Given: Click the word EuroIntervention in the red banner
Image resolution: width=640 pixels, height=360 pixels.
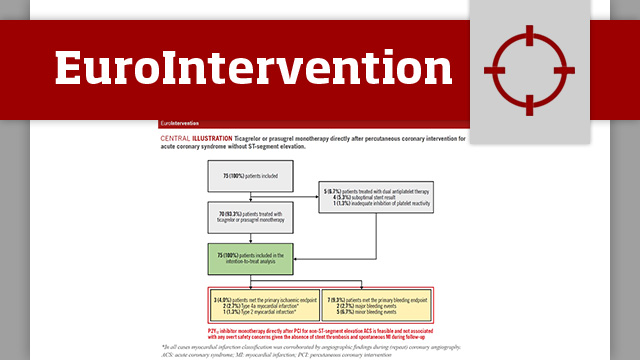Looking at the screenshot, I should [x=241, y=67].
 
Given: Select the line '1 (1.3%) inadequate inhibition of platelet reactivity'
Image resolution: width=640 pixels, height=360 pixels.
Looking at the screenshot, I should [x=375, y=204].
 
